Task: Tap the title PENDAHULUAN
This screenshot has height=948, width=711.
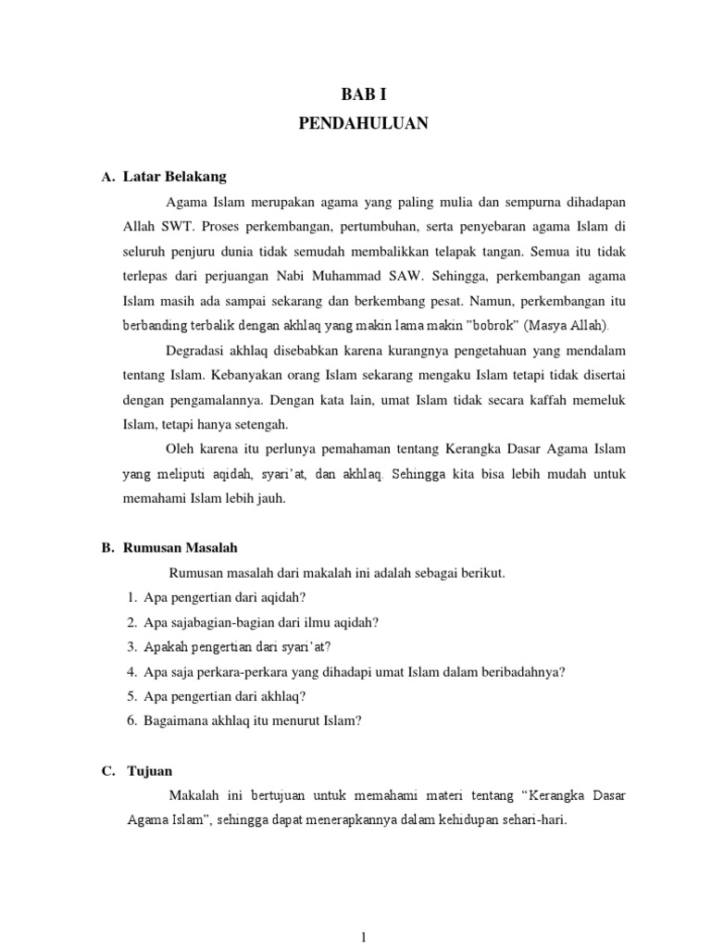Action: [364, 124]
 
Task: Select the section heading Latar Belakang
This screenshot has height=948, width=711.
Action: [175, 176]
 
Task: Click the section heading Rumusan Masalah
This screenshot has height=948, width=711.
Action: [181, 548]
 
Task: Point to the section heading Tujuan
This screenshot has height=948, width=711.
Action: [150, 770]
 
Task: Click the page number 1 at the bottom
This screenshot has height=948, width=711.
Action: [365, 937]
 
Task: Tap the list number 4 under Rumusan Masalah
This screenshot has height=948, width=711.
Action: [133, 672]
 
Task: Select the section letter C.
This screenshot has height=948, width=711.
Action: [107, 770]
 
